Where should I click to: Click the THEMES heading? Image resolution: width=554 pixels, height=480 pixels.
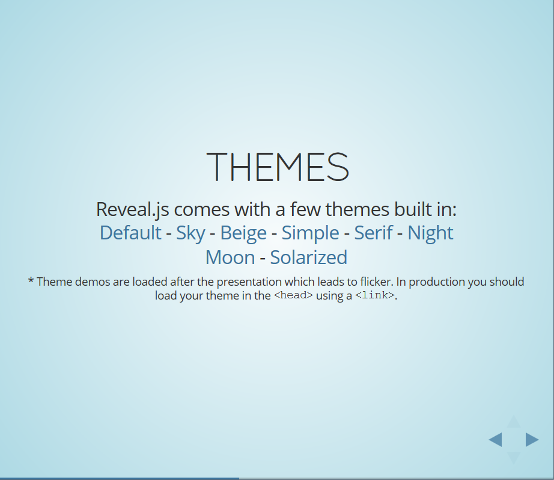(277, 167)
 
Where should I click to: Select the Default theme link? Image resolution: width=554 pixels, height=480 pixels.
(130, 233)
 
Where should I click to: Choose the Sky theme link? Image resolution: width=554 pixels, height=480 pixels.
(190, 233)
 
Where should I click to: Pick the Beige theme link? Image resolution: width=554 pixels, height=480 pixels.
(243, 233)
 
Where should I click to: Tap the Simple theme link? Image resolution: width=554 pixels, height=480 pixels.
(310, 233)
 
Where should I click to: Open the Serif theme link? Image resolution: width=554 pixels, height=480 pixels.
(373, 233)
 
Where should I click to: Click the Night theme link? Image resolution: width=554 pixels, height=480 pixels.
(430, 233)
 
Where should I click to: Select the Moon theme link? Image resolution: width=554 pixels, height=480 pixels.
(230, 257)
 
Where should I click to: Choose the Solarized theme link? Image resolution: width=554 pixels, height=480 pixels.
(308, 257)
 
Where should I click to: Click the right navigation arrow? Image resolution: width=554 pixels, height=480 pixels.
(531, 440)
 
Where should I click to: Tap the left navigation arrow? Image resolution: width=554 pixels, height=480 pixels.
(496, 440)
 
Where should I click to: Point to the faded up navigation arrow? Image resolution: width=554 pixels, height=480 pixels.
(513, 422)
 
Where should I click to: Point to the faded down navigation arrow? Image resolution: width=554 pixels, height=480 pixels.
(513, 457)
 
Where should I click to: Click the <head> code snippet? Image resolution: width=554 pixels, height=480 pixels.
(293, 296)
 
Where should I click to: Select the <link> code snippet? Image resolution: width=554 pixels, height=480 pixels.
(375, 296)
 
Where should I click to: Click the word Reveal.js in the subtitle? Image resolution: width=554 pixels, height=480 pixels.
(132, 209)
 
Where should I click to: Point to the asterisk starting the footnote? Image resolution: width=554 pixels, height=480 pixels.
(31, 282)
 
